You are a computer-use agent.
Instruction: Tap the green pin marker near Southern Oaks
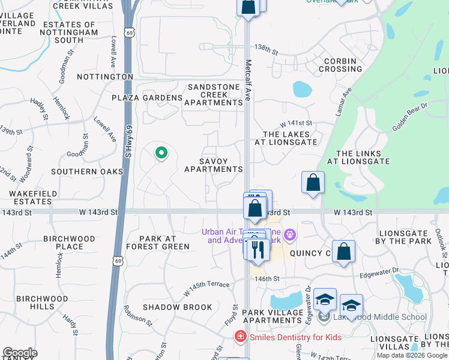pyautogui.click(x=161, y=154)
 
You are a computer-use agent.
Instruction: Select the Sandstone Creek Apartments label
pyautogui.click(x=213, y=95)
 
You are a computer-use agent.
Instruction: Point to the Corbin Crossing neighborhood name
pyautogui.click(x=340, y=65)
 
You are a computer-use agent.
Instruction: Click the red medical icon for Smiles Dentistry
pyautogui.click(x=241, y=337)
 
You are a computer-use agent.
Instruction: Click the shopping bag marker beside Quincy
pyautogui.click(x=343, y=252)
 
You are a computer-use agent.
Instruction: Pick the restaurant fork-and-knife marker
pyautogui.click(x=258, y=248)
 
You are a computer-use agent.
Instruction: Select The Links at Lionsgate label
pyautogui.click(x=363, y=158)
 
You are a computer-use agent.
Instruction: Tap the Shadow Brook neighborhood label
pyautogui.click(x=177, y=307)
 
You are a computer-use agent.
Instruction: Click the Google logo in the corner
pyautogui.click(x=20, y=353)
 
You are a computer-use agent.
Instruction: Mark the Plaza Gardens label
pyautogui.click(x=147, y=98)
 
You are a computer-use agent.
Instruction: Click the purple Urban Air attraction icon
pyautogui.click(x=291, y=234)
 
